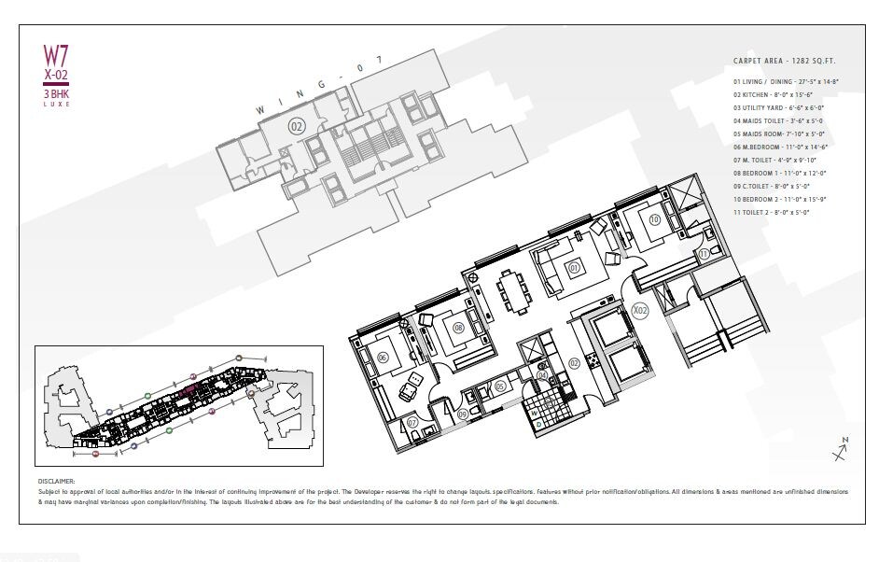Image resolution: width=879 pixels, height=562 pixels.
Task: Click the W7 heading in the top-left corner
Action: click(57, 55)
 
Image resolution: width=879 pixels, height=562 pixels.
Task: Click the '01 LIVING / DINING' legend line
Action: click(785, 83)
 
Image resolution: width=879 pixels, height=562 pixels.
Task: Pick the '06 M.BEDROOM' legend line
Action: click(781, 147)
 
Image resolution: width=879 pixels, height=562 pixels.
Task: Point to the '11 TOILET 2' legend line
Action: click(771, 212)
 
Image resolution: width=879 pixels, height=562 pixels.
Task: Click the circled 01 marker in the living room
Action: click(575, 268)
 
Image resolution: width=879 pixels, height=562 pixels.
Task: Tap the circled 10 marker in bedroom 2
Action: click(654, 219)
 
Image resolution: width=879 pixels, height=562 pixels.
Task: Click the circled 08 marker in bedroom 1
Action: click(458, 327)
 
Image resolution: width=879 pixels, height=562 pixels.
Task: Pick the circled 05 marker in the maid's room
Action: click(500, 386)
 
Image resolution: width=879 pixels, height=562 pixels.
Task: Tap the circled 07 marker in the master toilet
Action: click(412, 423)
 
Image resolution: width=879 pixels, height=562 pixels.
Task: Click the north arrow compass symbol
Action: click(839, 452)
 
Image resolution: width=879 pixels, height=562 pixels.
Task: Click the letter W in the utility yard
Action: click(537, 423)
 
